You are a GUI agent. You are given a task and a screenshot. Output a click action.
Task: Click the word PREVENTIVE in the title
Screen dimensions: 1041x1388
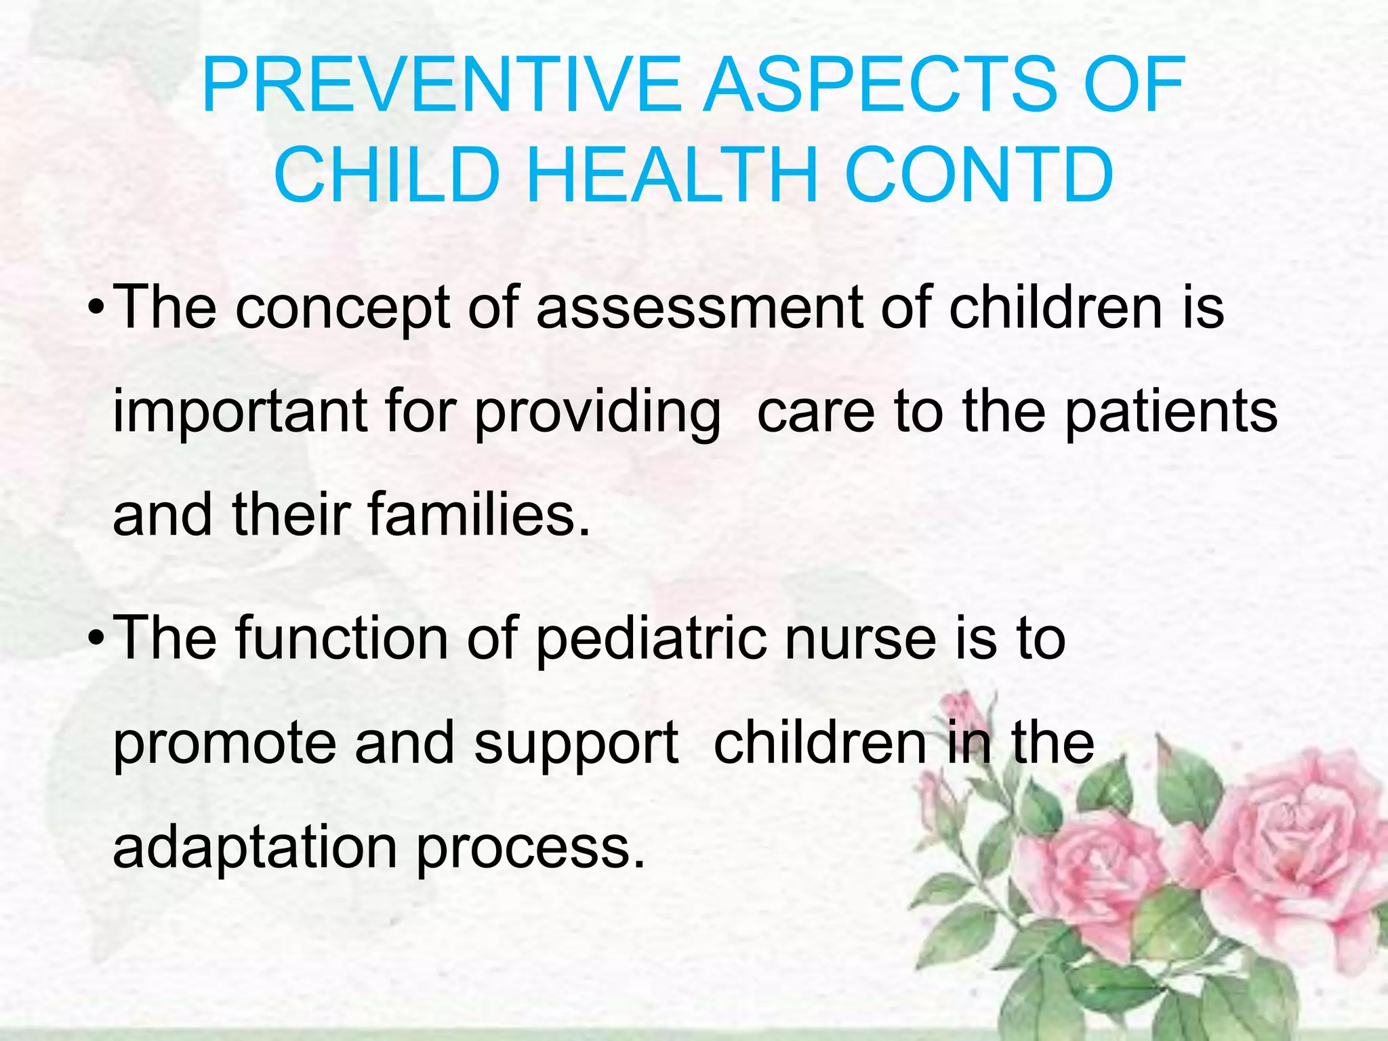(x=441, y=86)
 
